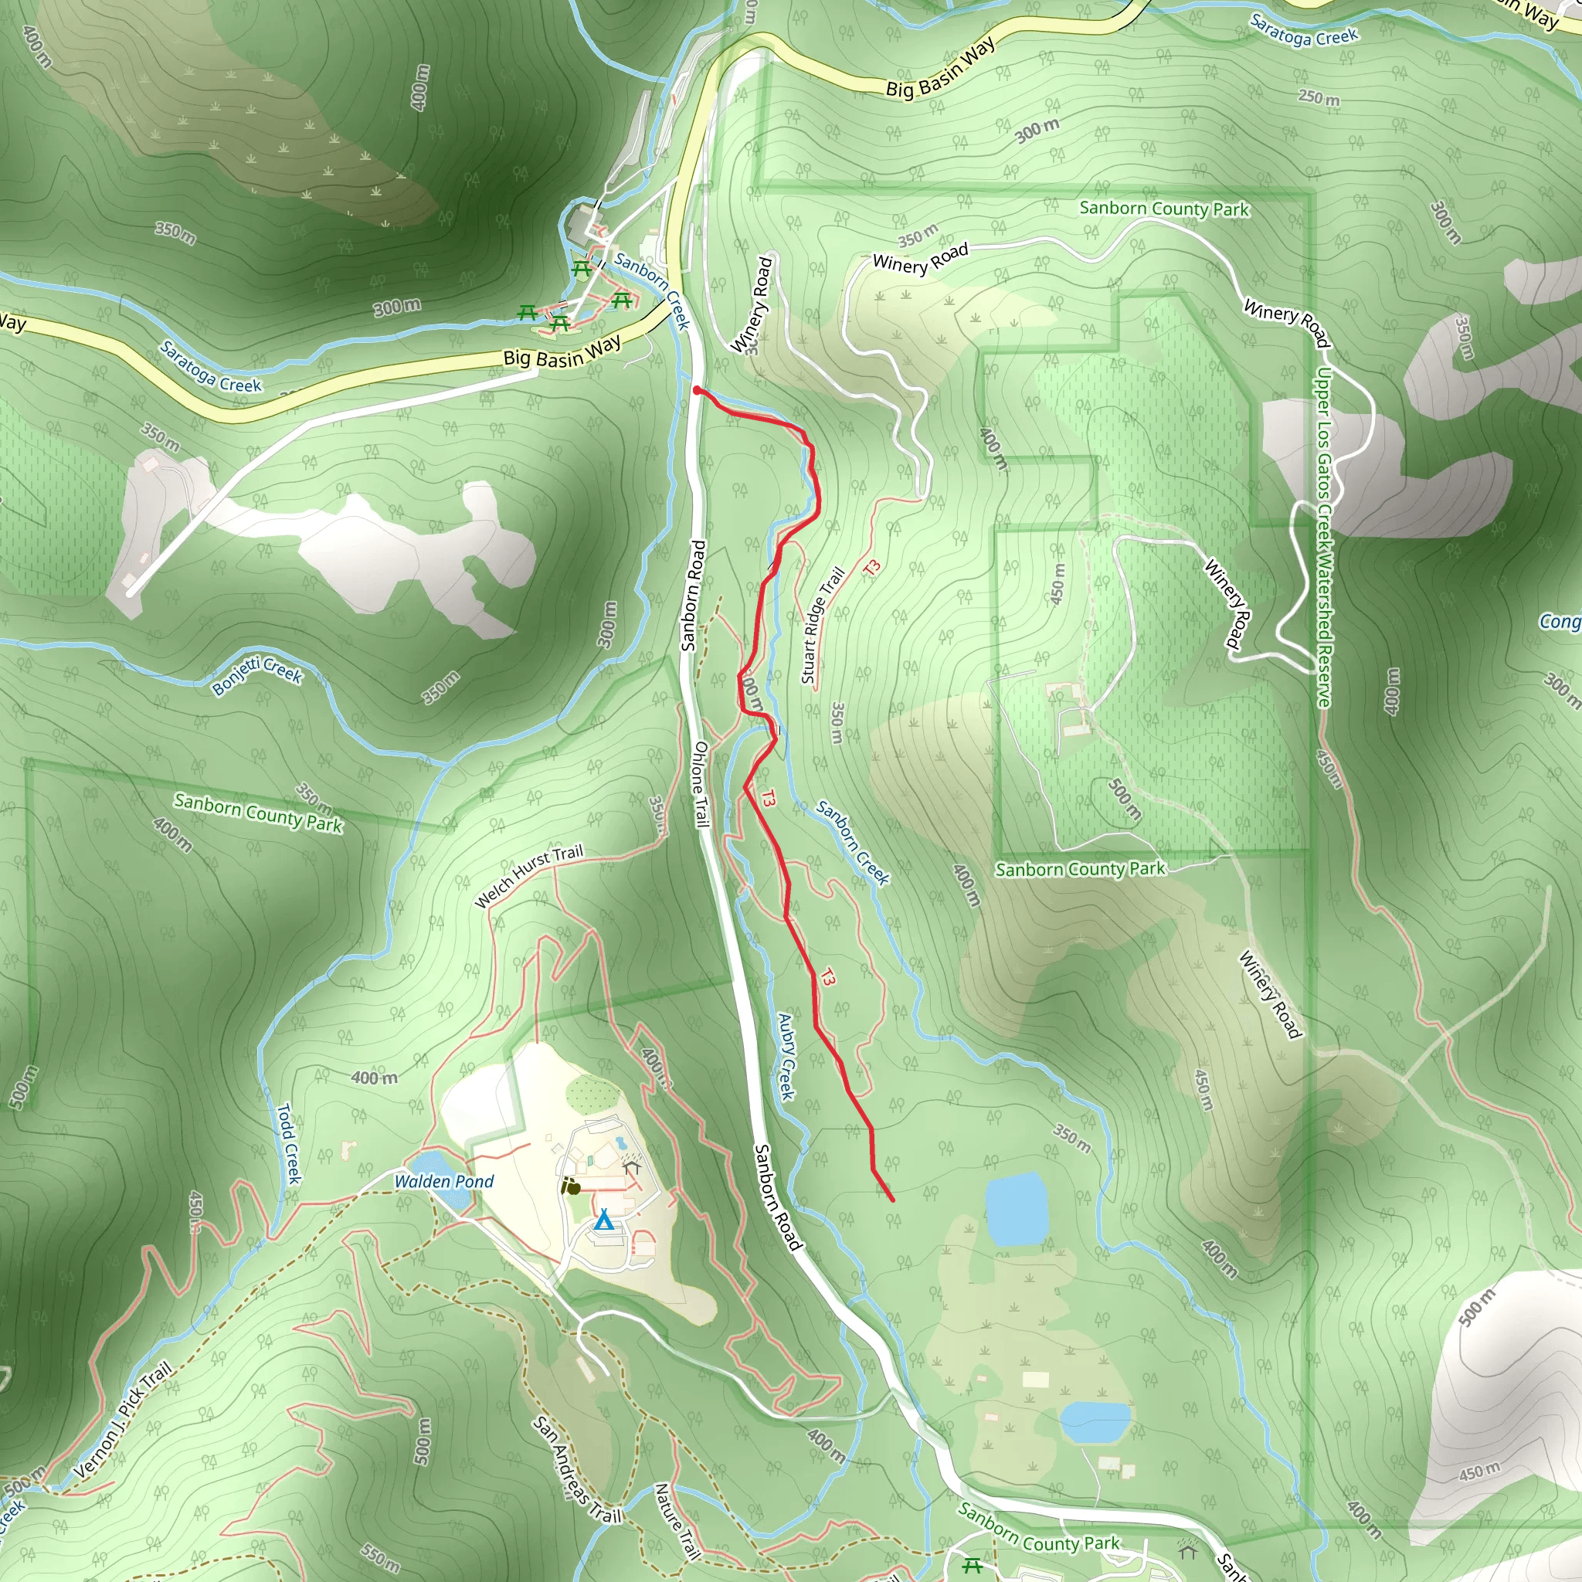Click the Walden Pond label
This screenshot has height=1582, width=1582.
click(444, 1181)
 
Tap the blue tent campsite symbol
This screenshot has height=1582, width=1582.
click(603, 1220)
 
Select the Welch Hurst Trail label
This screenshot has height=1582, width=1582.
click(529, 875)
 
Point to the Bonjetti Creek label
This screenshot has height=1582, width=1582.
click(257, 674)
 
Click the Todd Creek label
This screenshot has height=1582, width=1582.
click(288, 1143)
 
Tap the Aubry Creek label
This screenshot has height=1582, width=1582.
click(786, 1056)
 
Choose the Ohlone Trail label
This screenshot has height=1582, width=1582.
click(700, 785)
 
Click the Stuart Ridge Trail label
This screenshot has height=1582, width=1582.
click(821, 626)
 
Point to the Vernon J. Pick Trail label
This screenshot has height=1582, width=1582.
click(123, 1420)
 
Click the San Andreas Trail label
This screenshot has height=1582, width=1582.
click(576, 1470)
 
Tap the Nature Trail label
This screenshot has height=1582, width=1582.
click(677, 1520)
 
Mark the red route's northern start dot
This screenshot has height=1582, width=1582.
click(697, 391)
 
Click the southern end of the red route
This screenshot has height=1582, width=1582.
click(891, 1200)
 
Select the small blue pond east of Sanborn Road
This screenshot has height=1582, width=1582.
click(1017, 1209)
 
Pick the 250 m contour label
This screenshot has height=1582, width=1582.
click(1319, 98)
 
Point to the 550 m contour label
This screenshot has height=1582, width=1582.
click(380, 1553)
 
